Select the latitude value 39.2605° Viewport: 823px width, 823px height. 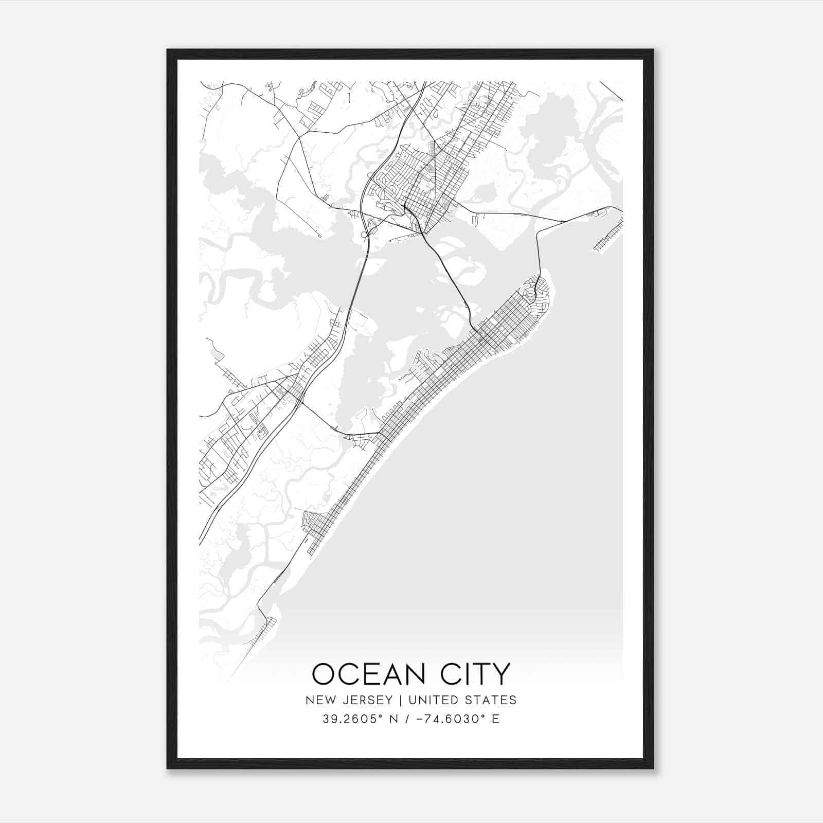(352, 719)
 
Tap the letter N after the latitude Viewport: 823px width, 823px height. (395, 719)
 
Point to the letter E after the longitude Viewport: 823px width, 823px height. (496, 719)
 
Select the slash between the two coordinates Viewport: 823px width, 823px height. (407, 719)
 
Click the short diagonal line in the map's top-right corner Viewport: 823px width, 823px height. (611, 91)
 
